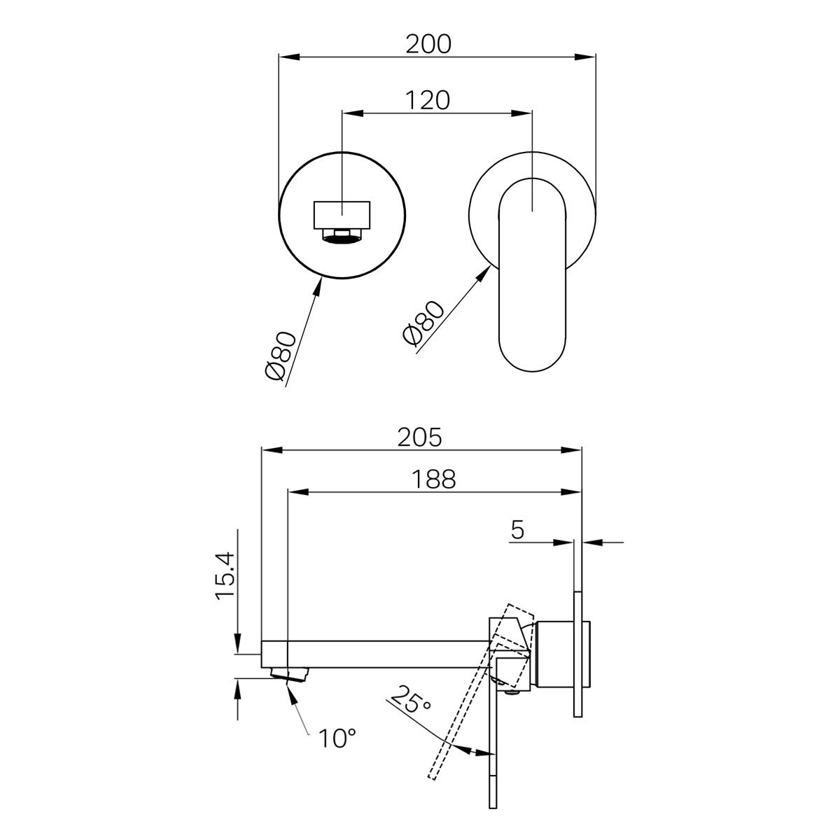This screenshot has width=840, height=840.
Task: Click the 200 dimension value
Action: tap(429, 43)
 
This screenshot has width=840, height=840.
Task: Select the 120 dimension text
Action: tap(428, 100)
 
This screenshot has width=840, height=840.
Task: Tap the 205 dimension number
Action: tap(420, 437)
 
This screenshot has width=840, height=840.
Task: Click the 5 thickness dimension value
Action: tap(517, 530)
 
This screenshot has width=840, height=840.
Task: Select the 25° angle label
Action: tap(411, 700)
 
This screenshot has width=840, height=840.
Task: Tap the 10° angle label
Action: tap(337, 738)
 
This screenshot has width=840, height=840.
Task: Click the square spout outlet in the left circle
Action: tap(342, 215)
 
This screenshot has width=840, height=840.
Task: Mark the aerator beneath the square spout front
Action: tap(342, 239)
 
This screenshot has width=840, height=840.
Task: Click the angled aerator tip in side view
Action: tap(289, 675)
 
